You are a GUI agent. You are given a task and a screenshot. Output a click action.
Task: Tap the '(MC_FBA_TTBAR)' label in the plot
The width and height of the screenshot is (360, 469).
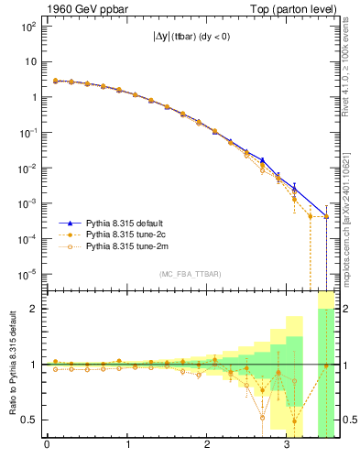182,275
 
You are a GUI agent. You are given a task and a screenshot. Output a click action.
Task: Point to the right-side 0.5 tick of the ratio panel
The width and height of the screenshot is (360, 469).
347,420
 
